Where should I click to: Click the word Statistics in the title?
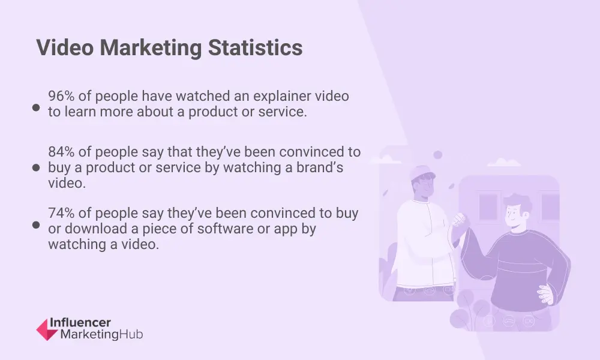255,48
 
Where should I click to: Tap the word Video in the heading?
65,48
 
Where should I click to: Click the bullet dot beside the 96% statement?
36,107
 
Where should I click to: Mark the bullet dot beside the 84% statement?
36,167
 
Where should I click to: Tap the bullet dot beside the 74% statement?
36,225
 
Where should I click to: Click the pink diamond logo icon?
47,329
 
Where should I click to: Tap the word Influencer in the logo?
80,323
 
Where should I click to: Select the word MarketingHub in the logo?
101,334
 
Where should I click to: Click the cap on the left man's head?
422,173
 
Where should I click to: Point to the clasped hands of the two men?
459,221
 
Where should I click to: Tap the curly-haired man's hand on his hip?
546,294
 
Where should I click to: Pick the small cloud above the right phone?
503,162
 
